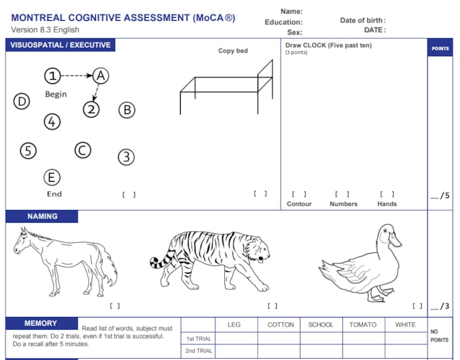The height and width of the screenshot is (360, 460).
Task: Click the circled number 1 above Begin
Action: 53,75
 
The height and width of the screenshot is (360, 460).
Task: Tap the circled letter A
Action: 101,75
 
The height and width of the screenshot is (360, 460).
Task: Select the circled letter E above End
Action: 52,177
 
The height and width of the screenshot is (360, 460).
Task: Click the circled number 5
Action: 28,151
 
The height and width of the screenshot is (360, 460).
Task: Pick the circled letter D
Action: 22,102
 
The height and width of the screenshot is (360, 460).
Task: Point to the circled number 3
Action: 126,156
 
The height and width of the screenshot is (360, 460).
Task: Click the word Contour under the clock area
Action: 299,204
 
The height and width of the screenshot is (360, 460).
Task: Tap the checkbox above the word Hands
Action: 386,194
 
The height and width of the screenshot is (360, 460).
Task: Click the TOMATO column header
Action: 363,325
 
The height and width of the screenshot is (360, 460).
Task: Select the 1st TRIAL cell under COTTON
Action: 278,338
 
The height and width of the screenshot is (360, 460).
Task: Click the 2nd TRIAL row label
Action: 199,351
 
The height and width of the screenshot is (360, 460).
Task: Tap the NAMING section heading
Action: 42,217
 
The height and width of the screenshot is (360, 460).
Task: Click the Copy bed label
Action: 233,51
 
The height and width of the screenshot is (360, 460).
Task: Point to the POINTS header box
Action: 440,48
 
